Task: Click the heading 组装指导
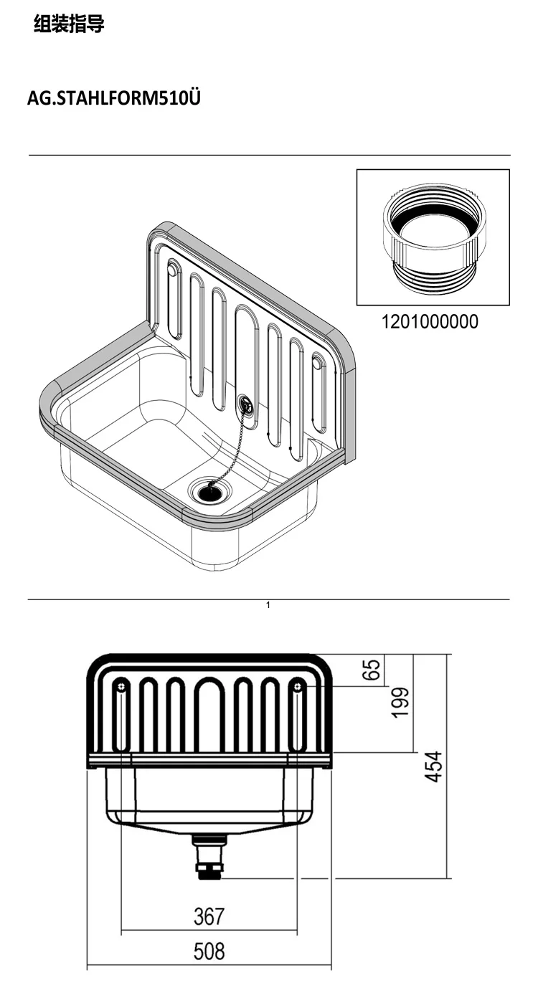pos(69,24)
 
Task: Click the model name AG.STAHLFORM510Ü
pos(113,98)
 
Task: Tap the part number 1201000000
pos(430,321)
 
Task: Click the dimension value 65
pos(373,669)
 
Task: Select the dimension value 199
pos(400,703)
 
